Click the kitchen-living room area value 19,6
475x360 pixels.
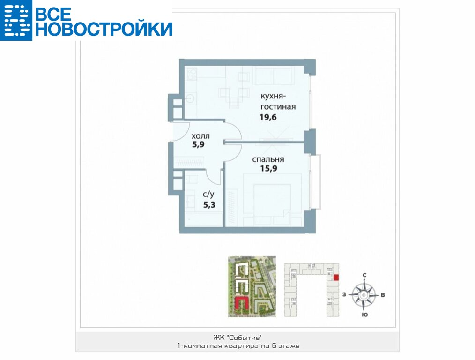[268, 117]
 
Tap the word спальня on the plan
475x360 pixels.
[268, 160]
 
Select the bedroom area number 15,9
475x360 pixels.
[269, 168]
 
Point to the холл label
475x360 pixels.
[200, 136]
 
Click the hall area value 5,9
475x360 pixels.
[199, 144]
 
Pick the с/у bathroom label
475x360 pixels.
[209, 194]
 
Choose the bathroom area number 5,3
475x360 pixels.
[209, 205]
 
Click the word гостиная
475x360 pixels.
[278, 107]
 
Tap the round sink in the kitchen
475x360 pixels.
[191, 98]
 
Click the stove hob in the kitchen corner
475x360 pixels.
[192, 74]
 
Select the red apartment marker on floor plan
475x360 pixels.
[336, 277]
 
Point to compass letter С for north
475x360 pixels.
[364, 275]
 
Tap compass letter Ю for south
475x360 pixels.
[365, 315]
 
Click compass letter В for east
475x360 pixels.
[383, 294]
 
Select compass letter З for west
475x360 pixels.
[344, 294]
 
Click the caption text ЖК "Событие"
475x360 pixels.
[237, 337]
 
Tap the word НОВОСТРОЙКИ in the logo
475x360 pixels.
[104, 29]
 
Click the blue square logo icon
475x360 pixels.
[16, 20]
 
